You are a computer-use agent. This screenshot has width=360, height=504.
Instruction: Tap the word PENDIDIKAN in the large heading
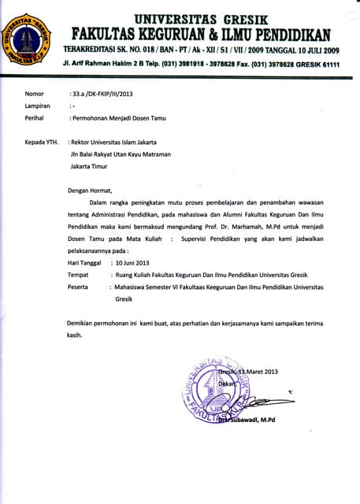coord(294,34)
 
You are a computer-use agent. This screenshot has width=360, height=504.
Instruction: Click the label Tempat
coord(77,274)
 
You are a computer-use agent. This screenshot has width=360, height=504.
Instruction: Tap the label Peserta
coord(78,287)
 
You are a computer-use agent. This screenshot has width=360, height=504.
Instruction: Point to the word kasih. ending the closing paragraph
coord(74,335)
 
